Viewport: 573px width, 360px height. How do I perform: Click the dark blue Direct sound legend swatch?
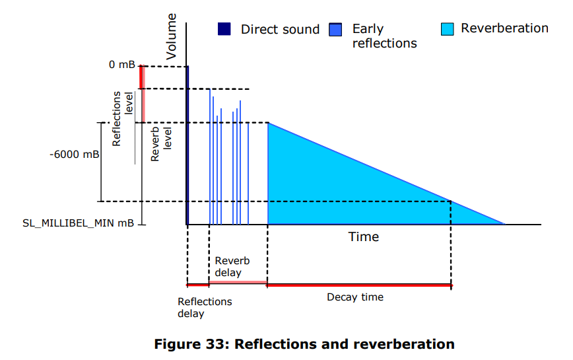tap(224, 29)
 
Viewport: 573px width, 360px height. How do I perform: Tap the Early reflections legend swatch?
tap(335, 29)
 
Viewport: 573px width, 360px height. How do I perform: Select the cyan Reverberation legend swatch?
tap(448, 29)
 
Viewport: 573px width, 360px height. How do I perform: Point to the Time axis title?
tap(364, 236)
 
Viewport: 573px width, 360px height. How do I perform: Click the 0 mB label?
tap(122, 65)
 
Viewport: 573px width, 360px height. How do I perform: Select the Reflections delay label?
tap(205, 307)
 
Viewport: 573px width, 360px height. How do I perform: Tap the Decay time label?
tap(355, 297)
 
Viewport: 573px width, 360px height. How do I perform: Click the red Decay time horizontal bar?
tap(359, 285)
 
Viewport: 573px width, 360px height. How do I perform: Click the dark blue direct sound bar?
tap(188, 145)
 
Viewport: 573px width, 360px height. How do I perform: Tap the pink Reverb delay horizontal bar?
tap(238, 283)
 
